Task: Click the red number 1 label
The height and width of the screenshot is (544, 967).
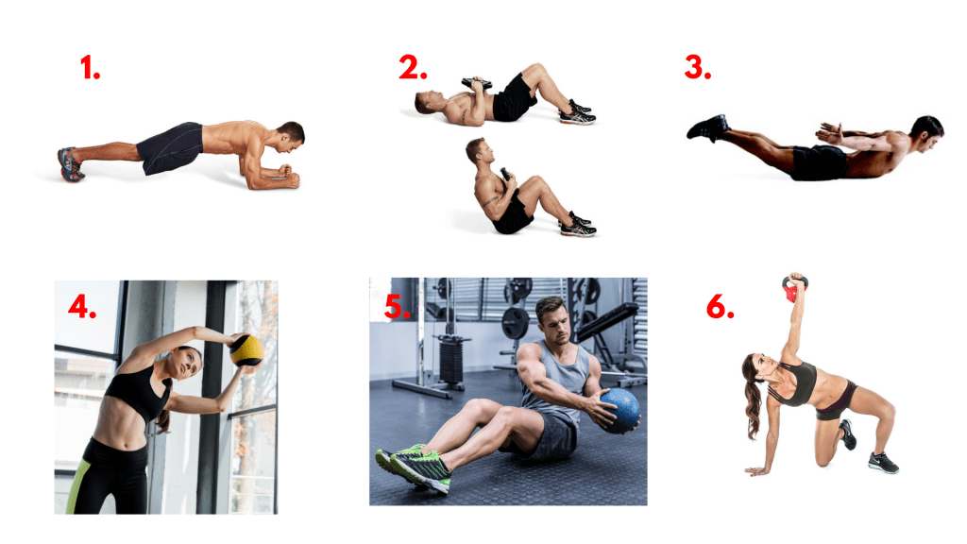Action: (x=90, y=68)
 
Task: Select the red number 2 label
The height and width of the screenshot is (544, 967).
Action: (x=413, y=68)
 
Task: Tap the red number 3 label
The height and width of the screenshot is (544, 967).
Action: (x=698, y=68)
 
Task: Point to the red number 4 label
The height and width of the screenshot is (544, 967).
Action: (x=81, y=307)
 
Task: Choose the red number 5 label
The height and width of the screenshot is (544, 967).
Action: (x=398, y=307)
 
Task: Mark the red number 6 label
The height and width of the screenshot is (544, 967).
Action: (x=720, y=307)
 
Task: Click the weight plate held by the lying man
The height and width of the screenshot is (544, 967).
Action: (x=478, y=84)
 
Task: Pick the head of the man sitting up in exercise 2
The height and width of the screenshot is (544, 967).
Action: (x=478, y=151)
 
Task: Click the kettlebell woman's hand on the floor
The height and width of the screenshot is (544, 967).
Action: (x=754, y=469)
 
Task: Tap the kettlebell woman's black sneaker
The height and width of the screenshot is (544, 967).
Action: (x=881, y=463)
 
